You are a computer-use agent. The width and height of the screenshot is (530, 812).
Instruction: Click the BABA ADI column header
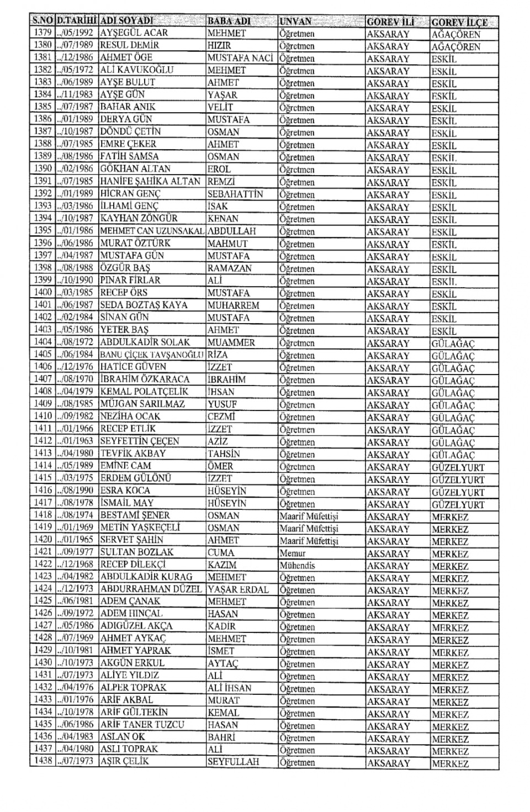click(229, 22)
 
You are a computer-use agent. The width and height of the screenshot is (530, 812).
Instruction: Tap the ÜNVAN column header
click(295, 22)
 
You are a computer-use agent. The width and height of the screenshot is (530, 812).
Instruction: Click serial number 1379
click(43, 33)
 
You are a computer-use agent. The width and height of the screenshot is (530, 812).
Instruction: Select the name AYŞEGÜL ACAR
click(134, 33)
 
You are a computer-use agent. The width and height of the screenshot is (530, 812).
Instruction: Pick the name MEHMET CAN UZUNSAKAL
click(152, 231)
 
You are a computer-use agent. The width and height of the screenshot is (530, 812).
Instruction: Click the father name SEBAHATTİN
click(235, 194)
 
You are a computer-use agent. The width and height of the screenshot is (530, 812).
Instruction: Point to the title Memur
click(293, 553)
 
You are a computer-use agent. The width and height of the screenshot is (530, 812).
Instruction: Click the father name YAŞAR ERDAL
click(238, 589)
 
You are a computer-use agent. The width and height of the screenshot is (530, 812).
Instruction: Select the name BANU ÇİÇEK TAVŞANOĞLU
click(152, 355)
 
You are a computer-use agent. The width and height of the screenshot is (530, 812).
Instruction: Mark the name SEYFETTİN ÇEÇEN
click(140, 441)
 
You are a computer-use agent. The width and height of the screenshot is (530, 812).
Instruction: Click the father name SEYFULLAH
click(233, 762)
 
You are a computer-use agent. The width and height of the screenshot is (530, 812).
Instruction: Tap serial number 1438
click(43, 762)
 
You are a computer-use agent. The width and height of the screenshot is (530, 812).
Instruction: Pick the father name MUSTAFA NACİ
click(240, 58)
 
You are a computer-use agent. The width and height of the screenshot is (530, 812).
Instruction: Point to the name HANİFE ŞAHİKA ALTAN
click(150, 181)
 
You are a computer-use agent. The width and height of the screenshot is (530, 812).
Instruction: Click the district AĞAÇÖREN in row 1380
click(456, 46)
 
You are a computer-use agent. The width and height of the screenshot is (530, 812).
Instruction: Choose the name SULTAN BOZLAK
click(137, 552)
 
